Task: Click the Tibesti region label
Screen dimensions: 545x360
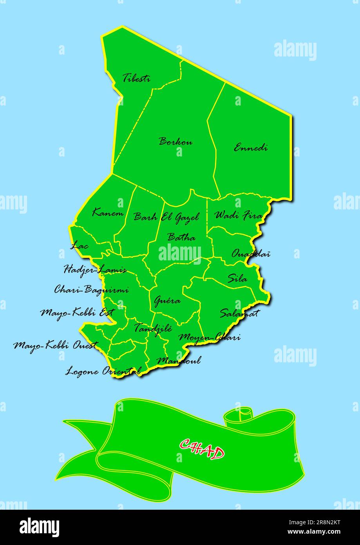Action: [x=136, y=78]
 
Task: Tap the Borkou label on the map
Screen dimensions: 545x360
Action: [x=175, y=142]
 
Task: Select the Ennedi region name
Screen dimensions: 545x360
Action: [x=251, y=148]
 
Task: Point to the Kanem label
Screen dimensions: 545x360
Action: [x=108, y=213]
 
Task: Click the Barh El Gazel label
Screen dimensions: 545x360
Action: [x=166, y=217]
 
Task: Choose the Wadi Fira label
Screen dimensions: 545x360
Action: [x=238, y=215]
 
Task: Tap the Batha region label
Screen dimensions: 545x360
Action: [x=181, y=237]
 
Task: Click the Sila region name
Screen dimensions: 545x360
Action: [x=237, y=279]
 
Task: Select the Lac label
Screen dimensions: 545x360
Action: [x=80, y=246]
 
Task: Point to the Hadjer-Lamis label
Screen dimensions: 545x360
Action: [x=95, y=270]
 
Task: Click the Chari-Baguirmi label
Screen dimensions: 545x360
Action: [x=91, y=290]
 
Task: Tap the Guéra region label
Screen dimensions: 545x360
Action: [x=167, y=301]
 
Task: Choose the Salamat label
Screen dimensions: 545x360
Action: [x=239, y=313]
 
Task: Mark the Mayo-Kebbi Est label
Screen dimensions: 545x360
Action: [x=77, y=313]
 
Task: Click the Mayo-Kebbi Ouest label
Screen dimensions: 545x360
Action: [x=55, y=345]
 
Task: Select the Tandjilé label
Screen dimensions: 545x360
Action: [x=153, y=328]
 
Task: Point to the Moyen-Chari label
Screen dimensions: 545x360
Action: [x=209, y=337]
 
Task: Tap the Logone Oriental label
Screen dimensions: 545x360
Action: [x=103, y=371]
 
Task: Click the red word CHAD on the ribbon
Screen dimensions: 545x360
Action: [x=202, y=449]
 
